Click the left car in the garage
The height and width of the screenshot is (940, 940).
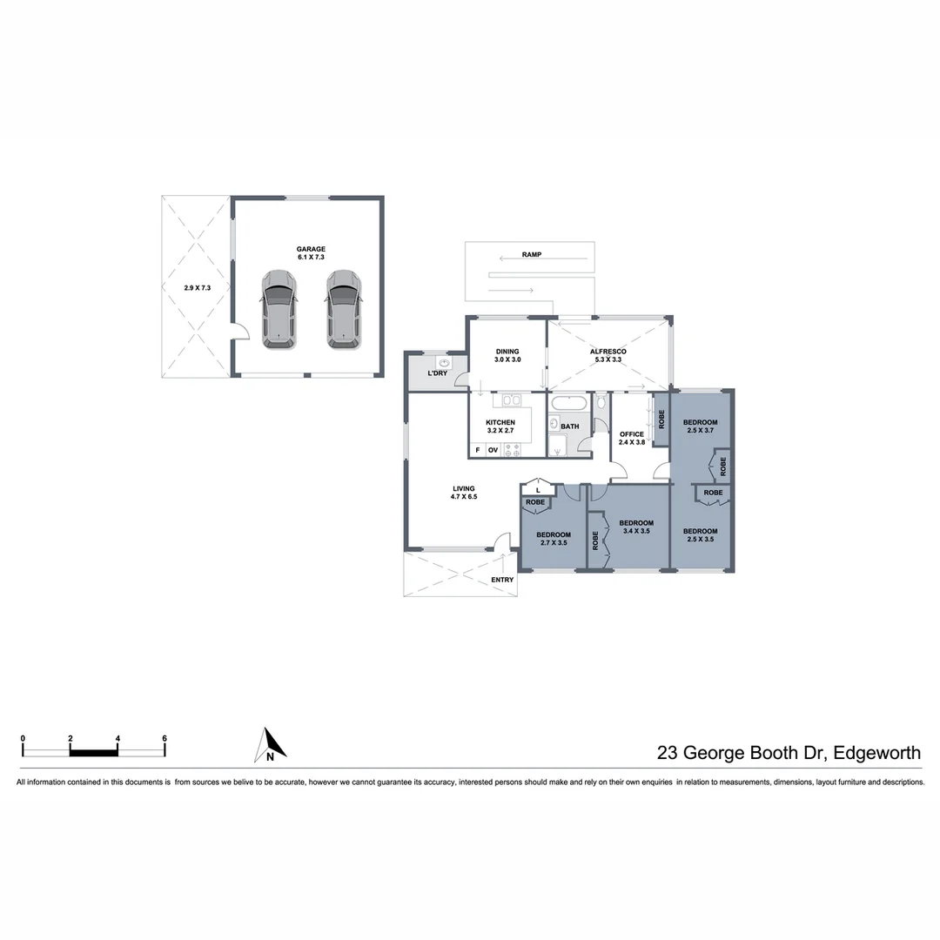[279, 309]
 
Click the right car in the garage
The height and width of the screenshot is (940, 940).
[344, 309]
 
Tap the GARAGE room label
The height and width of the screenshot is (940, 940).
[311, 249]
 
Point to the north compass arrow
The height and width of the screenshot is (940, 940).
[271, 746]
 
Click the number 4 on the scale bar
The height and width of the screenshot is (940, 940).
[117, 738]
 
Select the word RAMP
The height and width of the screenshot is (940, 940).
[532, 255]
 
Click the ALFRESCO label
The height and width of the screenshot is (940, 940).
[608, 352]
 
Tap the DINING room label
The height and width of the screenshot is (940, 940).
[507, 352]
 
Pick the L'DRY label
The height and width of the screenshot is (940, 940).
[437, 373]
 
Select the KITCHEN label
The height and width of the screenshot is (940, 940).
[500, 423]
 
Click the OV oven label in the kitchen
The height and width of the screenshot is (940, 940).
[493, 450]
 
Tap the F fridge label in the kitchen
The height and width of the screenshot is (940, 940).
[477, 450]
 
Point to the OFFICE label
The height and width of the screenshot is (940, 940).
[631, 434]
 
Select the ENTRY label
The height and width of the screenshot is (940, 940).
[502, 580]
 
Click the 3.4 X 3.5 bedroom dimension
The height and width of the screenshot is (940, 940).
[635, 530]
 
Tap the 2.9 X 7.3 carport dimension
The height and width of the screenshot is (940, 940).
[197, 287]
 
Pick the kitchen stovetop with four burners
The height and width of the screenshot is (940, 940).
[512, 450]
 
